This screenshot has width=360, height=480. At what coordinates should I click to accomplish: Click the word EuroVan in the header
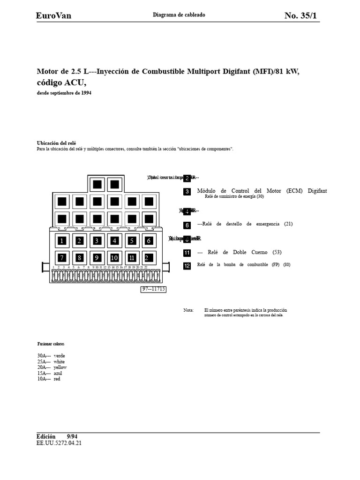click(54, 16)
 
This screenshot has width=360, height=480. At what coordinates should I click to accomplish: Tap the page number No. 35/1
click(300, 16)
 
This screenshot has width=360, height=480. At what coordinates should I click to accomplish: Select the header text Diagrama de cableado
click(179, 15)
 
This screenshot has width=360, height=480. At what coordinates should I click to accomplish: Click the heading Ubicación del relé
click(56, 143)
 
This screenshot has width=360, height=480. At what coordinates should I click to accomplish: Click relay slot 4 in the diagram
click(114, 241)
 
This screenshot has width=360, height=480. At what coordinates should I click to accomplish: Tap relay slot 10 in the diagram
click(114, 257)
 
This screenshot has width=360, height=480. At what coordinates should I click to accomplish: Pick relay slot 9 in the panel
click(97, 257)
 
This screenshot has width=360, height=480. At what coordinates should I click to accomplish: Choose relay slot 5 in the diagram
click(132, 241)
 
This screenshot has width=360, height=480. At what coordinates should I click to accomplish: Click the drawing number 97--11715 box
click(154, 289)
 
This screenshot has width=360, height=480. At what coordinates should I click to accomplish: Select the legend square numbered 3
click(187, 192)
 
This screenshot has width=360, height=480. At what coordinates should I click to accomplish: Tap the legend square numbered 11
click(187, 253)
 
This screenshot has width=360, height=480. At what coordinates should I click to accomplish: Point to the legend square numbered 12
click(187, 265)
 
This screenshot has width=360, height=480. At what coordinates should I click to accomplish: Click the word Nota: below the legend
click(188, 310)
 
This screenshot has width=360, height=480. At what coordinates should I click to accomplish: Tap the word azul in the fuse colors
click(58, 373)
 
